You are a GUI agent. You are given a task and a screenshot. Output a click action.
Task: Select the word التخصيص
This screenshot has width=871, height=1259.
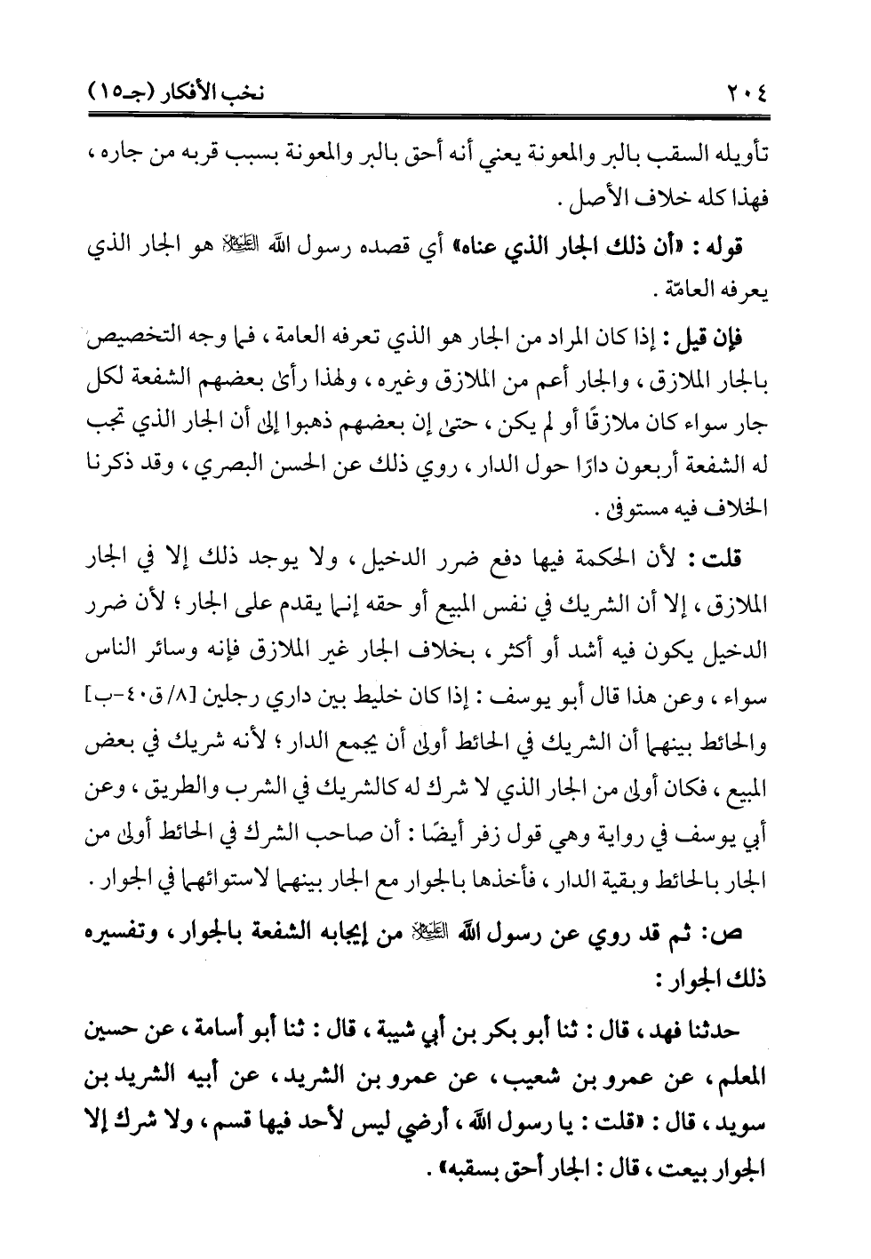(x=139, y=342)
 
